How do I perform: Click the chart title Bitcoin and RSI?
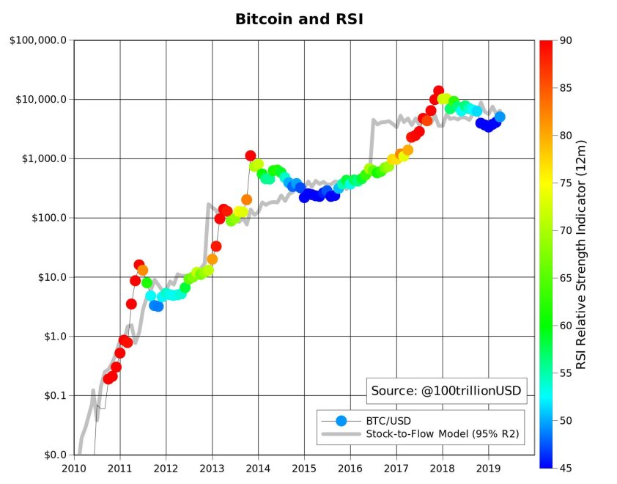pyautogui.click(x=299, y=19)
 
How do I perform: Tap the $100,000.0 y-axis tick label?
pyautogui.click(x=39, y=40)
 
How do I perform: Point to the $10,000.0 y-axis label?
pyautogui.click(x=41, y=100)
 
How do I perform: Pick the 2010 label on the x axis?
pyautogui.click(x=74, y=469)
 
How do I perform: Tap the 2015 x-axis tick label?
pyautogui.click(x=304, y=469)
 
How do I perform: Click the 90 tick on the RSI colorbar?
pyautogui.click(x=565, y=41)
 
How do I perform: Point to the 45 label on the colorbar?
pyautogui.click(x=565, y=468)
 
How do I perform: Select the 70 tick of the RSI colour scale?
pyautogui.click(x=565, y=230)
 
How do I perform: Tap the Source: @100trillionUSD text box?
pyautogui.click(x=446, y=391)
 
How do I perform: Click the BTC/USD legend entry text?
pyautogui.click(x=388, y=420)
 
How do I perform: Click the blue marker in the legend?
pyautogui.click(x=341, y=420)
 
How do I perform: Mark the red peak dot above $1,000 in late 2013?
pyautogui.click(x=251, y=156)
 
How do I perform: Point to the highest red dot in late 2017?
pyautogui.click(x=438, y=92)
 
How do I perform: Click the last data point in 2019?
pyautogui.click(x=500, y=117)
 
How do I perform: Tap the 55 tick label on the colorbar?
pyautogui.click(x=565, y=373)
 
